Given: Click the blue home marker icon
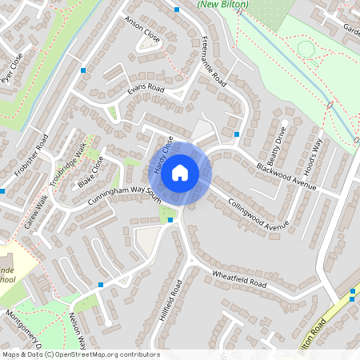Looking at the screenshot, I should pyautogui.click(x=180, y=172).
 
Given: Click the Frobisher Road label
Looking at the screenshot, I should pyautogui.click(x=31, y=156).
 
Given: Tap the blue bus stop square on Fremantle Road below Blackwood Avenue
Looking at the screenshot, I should pyautogui.click(x=237, y=134).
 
